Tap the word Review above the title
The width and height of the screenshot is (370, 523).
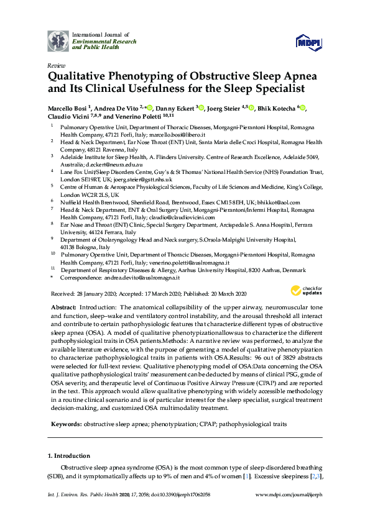pos(56,65)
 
